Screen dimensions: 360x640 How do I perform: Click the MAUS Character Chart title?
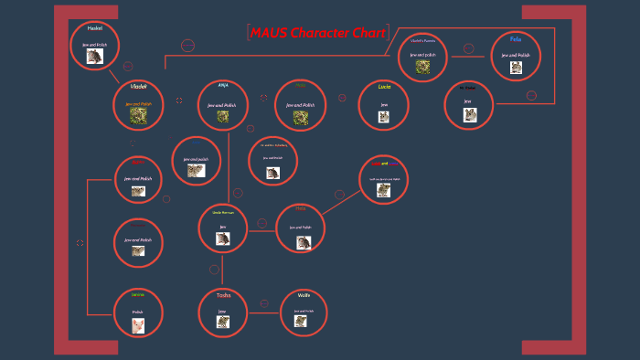[x=317, y=33]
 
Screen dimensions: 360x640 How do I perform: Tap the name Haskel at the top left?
[x=94, y=28]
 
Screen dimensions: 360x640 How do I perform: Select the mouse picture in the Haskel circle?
[x=94, y=57]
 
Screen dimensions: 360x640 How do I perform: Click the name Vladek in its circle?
[x=139, y=87]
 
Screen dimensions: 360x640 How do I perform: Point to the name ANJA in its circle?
[x=223, y=85]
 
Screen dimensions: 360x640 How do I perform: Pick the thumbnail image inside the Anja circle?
[x=223, y=117]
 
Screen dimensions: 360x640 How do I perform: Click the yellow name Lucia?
[x=384, y=86]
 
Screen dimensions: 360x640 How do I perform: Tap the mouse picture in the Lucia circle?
[x=384, y=118]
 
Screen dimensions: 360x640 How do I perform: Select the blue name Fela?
[x=517, y=39]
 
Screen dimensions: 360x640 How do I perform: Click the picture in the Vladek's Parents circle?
[x=422, y=67]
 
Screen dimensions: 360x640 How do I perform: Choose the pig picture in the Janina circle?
[x=138, y=326]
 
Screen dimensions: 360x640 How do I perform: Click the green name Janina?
[x=138, y=295]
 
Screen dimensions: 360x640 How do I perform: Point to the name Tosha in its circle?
[x=223, y=295]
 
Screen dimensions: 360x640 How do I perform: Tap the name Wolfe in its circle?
[x=304, y=295]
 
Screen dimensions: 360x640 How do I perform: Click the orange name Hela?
[x=300, y=209]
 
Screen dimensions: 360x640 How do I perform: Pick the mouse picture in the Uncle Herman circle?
[x=222, y=238]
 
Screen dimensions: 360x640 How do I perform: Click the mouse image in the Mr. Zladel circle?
[x=470, y=115]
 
